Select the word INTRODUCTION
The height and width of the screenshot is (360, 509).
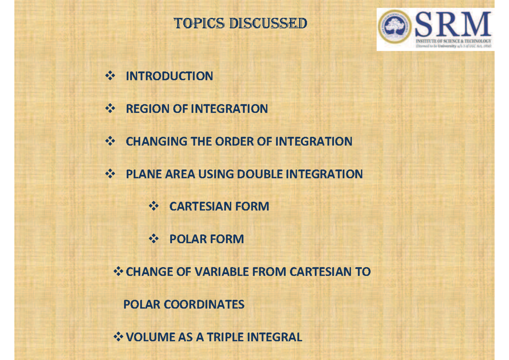click(169, 76)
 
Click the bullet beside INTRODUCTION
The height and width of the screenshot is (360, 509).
click(109, 76)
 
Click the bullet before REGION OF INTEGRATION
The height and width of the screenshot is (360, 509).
click(109, 109)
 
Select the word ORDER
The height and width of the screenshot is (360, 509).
click(234, 141)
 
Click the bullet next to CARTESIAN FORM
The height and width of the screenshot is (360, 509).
click(153, 207)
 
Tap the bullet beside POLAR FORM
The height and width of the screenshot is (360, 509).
click(153, 239)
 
